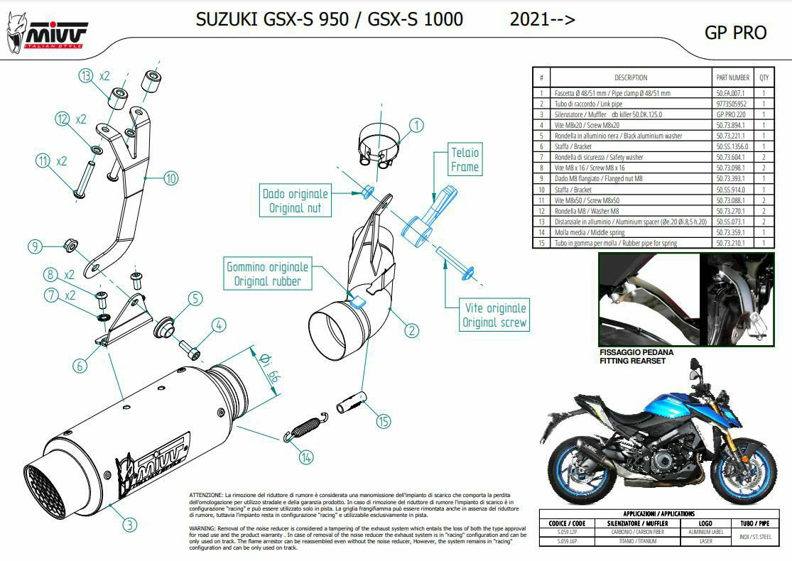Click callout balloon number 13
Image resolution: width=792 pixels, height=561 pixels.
click(x=86, y=76)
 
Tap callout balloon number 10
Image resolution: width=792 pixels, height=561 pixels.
click(x=170, y=178)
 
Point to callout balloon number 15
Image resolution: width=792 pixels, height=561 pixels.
click(x=384, y=422)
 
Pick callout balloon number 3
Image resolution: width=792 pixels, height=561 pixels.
click(x=129, y=525)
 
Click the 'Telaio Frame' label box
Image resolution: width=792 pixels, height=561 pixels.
click(x=465, y=160)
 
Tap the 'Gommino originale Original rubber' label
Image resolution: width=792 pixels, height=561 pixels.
click(x=267, y=274)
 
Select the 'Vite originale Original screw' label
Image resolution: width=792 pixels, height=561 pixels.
click(x=495, y=315)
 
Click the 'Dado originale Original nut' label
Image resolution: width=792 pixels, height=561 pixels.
click(x=295, y=201)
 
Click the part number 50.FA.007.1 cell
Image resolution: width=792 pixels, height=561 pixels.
click(x=732, y=93)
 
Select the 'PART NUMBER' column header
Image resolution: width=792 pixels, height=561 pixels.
click(x=732, y=77)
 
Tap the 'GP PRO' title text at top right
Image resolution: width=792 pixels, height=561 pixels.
click(x=735, y=33)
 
